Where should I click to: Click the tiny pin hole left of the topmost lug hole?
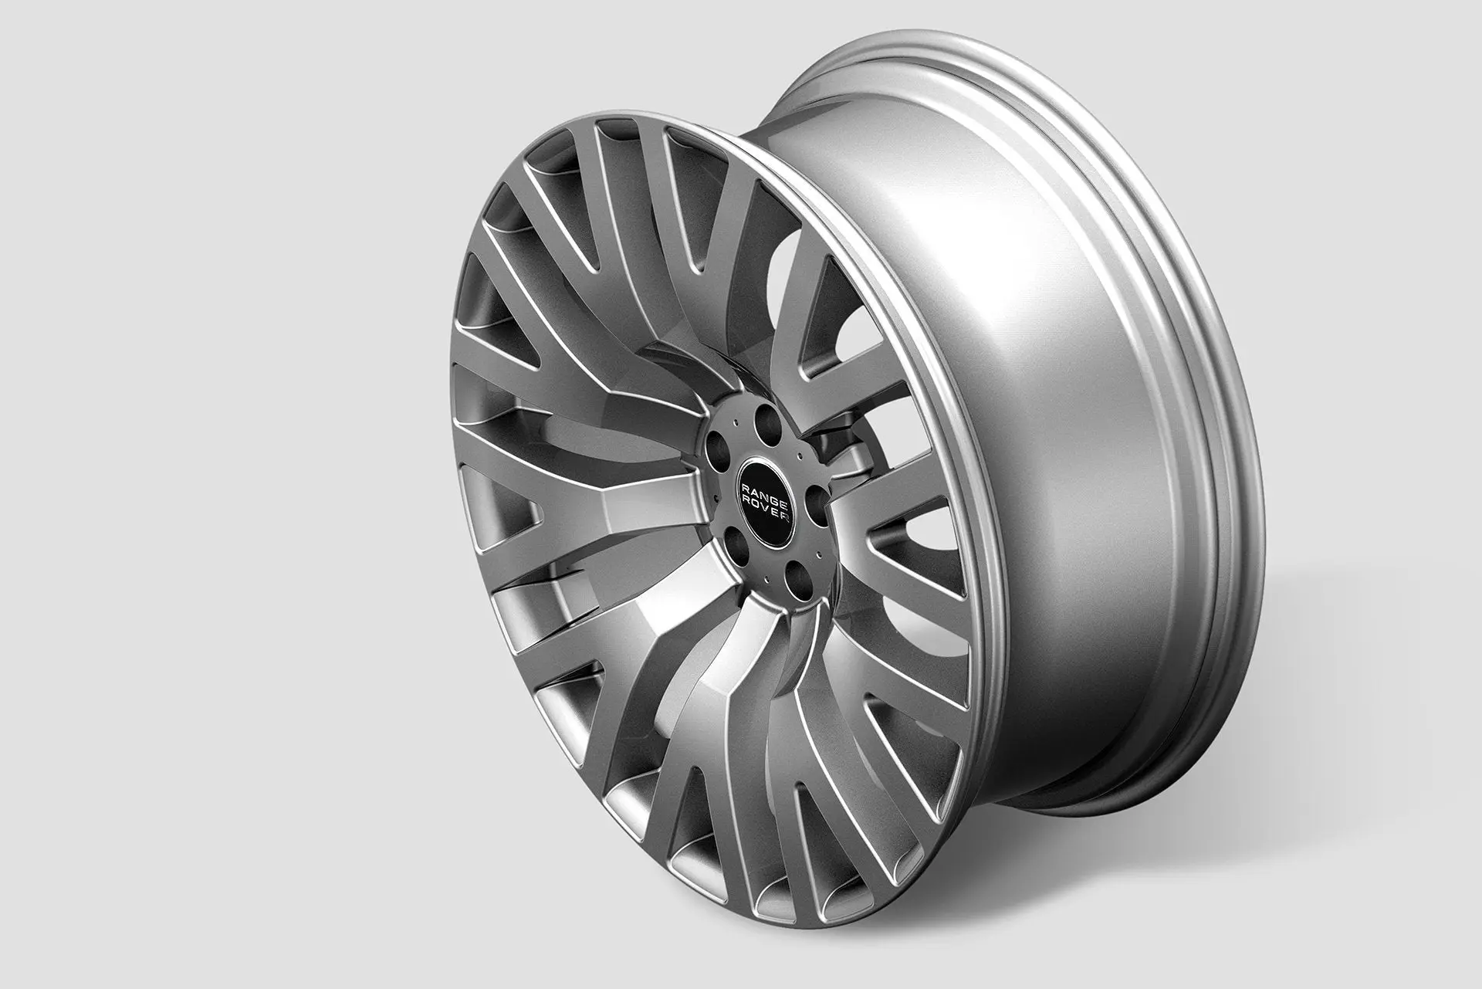tap(736, 422)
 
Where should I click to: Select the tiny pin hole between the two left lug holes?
tap(716, 499)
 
